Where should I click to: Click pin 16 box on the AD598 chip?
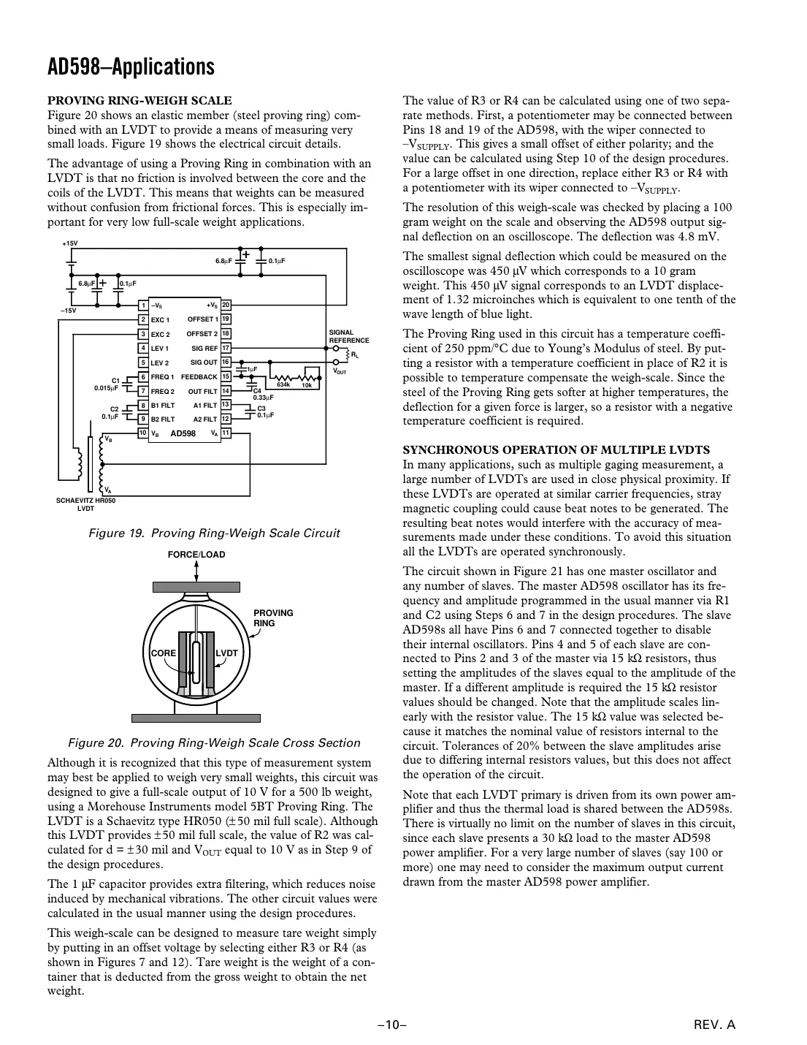[226, 362]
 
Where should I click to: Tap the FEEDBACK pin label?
[199, 377]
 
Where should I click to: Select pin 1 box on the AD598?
[144, 305]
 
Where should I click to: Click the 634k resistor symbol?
[283, 377]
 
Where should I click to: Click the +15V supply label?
[69, 243]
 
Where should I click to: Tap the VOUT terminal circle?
[335, 362]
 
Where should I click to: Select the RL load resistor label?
[355, 355]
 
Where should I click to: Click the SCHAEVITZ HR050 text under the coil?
[86, 501]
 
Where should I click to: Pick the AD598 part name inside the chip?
[183, 433]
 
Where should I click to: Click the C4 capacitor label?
[256, 391]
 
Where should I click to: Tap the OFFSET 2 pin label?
[202, 334]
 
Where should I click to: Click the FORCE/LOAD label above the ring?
[196, 555]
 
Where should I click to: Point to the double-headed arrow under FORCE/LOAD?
[196, 571]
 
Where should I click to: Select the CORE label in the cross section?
[163, 653]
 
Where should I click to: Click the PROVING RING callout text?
[272, 618]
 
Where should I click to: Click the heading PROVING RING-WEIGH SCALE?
[139, 101]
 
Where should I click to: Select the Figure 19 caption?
[214, 533]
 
